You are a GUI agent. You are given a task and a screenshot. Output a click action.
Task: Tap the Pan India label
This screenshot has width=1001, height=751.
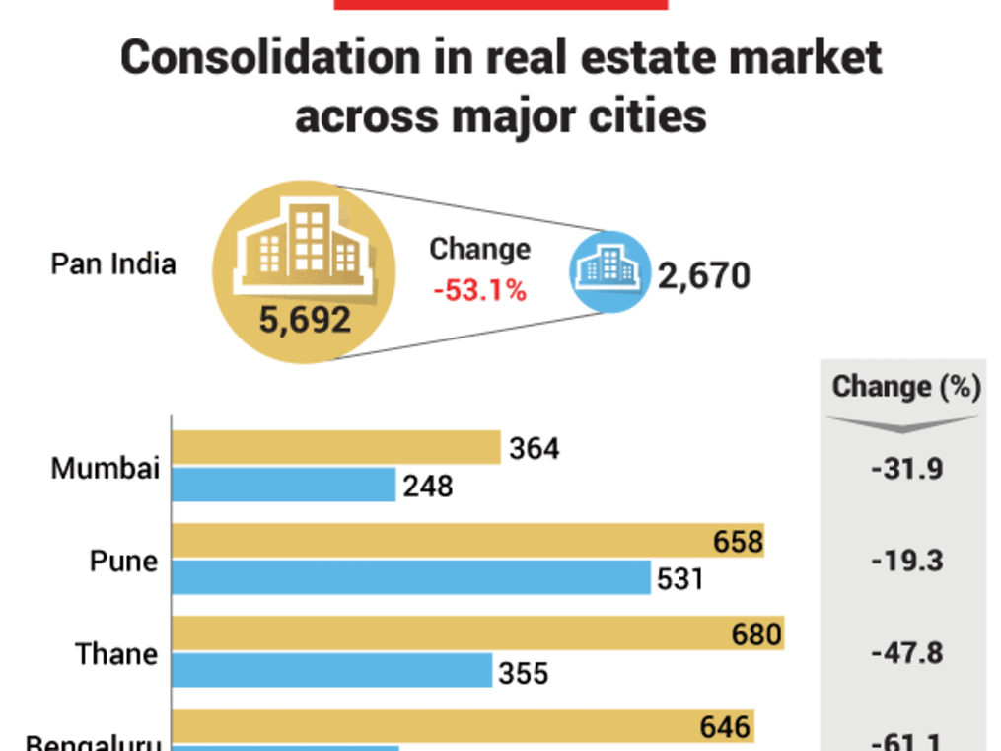113,264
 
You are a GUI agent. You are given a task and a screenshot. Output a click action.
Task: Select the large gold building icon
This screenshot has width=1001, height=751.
305,250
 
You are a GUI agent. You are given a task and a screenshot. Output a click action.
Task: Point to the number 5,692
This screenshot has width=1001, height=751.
305,319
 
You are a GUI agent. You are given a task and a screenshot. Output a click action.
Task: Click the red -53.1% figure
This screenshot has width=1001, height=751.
479,291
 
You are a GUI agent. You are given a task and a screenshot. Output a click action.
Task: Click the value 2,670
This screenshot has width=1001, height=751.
704,276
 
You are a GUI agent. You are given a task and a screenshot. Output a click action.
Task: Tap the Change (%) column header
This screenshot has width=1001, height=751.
906,387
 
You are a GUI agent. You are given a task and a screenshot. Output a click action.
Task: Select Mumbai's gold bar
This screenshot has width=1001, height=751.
336,447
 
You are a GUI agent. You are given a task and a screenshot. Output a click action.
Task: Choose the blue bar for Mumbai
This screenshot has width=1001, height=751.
284,485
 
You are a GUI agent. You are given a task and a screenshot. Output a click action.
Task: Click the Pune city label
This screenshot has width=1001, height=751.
123,561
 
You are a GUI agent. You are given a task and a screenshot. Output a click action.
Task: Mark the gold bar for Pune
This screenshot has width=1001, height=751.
468,541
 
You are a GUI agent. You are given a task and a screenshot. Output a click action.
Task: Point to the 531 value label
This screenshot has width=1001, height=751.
679,578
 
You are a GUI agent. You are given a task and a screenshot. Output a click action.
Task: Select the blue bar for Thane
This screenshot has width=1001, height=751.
332,671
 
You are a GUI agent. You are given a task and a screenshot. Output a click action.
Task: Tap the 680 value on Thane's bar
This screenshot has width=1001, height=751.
757,634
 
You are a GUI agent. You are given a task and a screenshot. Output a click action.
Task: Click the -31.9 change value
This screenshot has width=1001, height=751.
906,467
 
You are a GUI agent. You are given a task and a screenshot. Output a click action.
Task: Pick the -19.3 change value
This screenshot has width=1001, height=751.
906,561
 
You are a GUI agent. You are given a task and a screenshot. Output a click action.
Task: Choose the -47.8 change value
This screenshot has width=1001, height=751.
906,653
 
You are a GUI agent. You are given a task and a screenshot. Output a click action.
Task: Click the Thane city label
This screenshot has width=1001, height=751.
116,653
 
